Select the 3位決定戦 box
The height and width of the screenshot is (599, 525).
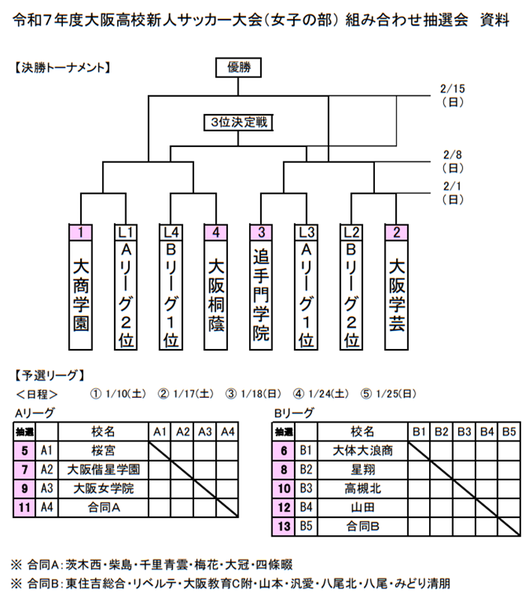pos(239,122)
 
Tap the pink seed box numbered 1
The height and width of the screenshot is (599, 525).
pos(80,232)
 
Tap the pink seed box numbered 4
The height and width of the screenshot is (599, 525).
pos(216,232)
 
